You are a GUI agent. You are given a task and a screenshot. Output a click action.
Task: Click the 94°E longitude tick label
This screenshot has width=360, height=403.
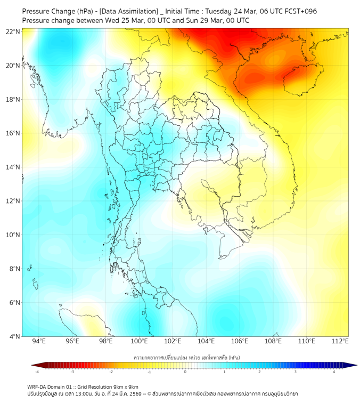[x=39, y=341]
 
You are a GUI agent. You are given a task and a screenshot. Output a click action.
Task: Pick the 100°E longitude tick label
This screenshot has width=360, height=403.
[x=140, y=341]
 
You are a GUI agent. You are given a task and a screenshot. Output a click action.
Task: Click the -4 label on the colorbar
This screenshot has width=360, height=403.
[x=37, y=372]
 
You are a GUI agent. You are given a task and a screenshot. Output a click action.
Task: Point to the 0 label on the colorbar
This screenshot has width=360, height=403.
[x=185, y=372]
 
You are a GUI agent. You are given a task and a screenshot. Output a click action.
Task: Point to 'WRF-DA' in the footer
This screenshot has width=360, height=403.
[x=36, y=386]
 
